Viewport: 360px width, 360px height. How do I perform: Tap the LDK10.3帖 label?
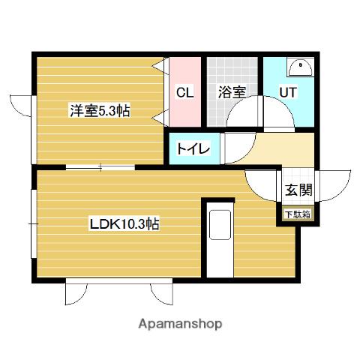coord(124,223)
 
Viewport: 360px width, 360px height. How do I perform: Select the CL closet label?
coord(184,93)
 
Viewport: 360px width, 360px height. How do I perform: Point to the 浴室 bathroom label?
coord(231,93)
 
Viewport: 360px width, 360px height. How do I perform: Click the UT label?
coord(288,93)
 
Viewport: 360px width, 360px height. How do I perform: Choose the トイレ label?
coord(193,148)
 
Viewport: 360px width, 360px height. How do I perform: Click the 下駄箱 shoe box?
coord(297,214)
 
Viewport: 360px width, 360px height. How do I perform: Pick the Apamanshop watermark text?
coord(180,324)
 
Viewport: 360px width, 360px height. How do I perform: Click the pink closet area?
coord(184,112)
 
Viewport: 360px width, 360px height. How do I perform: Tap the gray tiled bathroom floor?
coord(225,71)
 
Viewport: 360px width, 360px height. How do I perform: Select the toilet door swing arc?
coord(229,148)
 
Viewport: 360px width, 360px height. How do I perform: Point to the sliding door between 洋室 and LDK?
coord(97,167)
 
